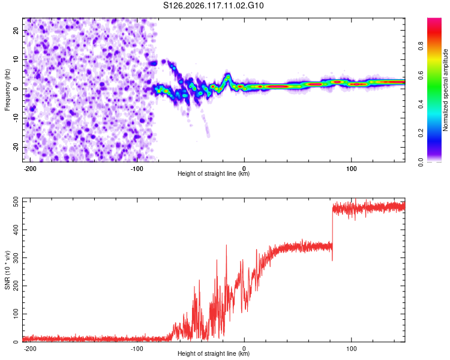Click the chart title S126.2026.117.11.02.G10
[213, 5]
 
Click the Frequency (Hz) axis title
[7, 90]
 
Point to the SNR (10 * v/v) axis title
[7, 270]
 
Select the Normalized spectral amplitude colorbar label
[445, 90]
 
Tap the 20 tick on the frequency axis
[16, 31]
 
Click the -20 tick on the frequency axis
[16, 147]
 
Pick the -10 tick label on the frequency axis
[16, 118]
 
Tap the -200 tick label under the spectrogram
[29, 169]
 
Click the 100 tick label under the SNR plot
[351, 349]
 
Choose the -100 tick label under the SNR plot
[137, 349]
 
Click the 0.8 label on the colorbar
[421, 46]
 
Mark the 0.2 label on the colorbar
[421, 133]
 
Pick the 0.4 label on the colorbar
[421, 104]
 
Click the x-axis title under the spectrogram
[214, 173]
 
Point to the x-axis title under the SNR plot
[214, 353]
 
